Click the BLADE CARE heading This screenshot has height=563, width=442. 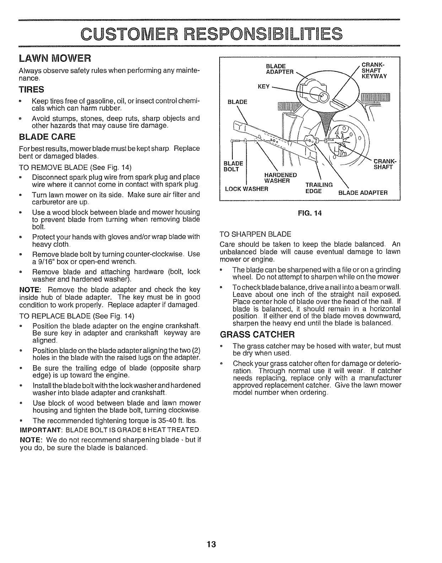pos(47,137)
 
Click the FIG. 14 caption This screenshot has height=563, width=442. pos(310,214)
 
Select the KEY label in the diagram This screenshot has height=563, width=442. pos(264,86)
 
